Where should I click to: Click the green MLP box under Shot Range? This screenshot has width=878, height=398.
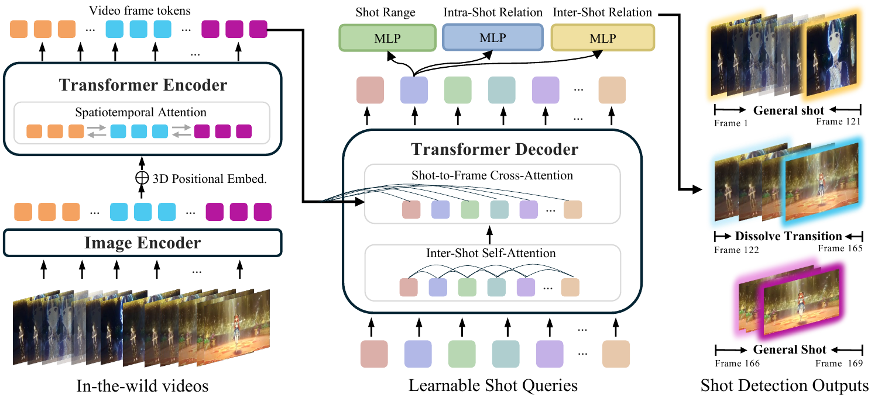click(387, 38)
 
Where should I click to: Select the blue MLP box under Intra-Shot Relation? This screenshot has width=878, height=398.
click(493, 38)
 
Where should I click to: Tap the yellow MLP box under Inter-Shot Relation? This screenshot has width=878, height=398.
click(603, 38)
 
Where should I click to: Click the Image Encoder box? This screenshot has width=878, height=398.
click(142, 243)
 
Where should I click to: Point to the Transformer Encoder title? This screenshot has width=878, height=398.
click(143, 85)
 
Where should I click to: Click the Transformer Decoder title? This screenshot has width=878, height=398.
click(495, 149)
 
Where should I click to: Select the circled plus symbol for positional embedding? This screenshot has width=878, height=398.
click(142, 179)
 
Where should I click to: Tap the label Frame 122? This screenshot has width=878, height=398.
click(737, 249)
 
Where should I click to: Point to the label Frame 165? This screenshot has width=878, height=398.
click(840, 248)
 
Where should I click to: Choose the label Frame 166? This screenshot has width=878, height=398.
click(738, 363)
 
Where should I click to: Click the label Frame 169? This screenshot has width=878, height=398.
click(841, 363)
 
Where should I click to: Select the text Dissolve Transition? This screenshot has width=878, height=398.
click(788, 237)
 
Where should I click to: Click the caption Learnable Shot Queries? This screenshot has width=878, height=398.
click(493, 386)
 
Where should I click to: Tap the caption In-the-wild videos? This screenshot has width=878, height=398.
click(142, 386)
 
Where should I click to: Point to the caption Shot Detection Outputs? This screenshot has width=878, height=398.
click(784, 386)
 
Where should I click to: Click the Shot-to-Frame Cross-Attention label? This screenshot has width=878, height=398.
click(491, 175)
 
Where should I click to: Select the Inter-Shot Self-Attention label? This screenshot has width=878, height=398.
click(491, 254)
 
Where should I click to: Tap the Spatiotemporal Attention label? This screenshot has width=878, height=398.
click(141, 112)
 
